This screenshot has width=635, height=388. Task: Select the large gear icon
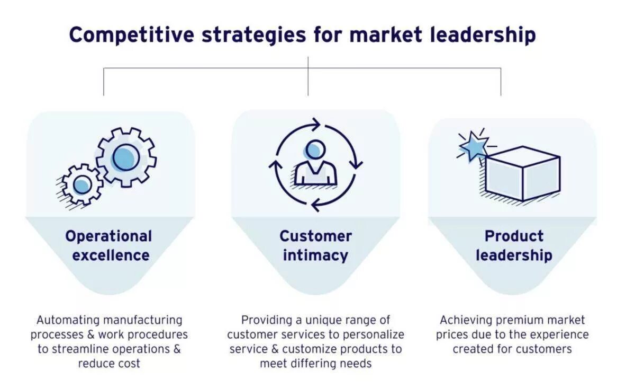tap(126, 157)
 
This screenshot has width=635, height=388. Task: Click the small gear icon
tap(81, 184)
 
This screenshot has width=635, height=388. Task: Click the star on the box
tap(473, 145)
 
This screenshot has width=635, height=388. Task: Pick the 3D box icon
tap(522, 173)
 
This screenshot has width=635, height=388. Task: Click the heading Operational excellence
tap(109, 245)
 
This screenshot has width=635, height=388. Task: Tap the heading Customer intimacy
tap(315, 245)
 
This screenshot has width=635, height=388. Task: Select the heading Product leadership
tap(514, 245)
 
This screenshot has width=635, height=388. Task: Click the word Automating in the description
tap(68, 320)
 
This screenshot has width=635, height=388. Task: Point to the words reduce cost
tap(109, 364)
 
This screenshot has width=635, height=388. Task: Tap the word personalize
tap(374, 334)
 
